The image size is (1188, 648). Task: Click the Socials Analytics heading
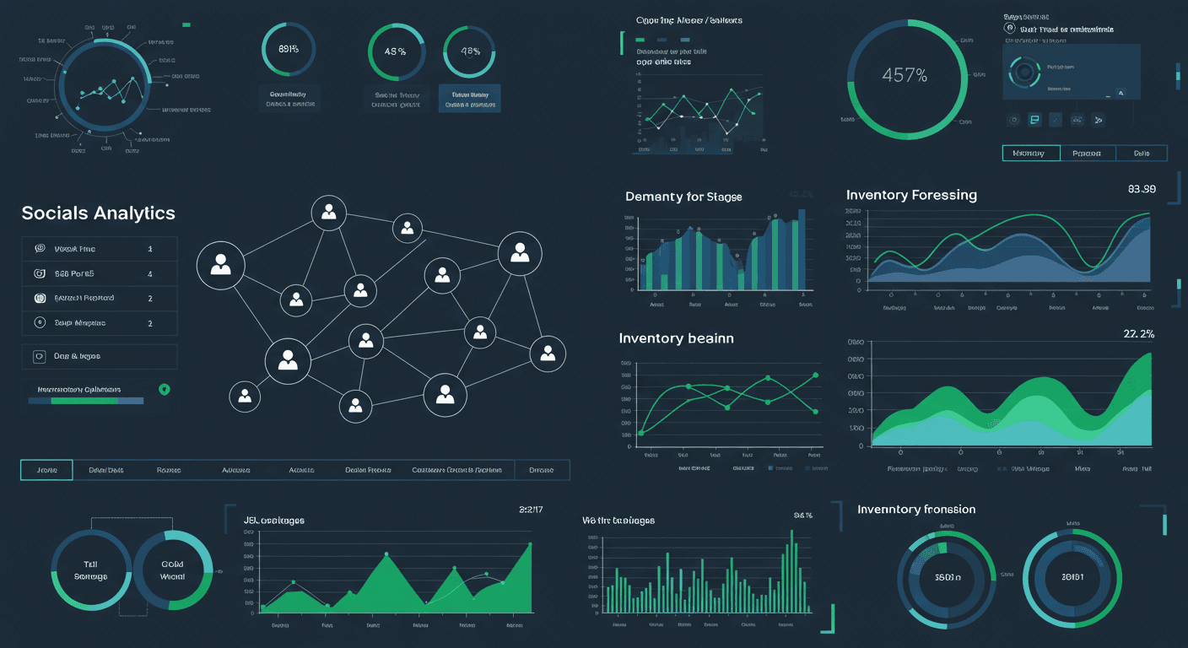tap(98, 213)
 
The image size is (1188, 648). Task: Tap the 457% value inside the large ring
tap(904, 75)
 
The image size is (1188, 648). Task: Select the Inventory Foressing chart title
tap(911, 195)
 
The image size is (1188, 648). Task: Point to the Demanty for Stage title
tap(683, 197)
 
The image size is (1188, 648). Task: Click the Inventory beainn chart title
tap(676, 338)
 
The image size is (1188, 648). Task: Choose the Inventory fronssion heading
tap(916, 510)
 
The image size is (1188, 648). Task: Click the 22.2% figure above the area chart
tap(1138, 334)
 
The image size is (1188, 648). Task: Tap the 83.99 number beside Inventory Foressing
tap(1141, 189)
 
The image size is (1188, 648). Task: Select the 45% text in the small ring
tap(395, 51)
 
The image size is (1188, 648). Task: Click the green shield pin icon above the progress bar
tap(164, 390)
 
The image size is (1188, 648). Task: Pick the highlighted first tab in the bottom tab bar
tap(47, 470)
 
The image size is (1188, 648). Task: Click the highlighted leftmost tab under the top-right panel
tap(1029, 153)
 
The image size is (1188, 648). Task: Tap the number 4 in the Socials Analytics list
tap(150, 273)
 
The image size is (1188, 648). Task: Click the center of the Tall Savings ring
tap(90, 570)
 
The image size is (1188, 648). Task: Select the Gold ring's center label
tap(172, 570)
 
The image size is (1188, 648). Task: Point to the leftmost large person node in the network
tap(220, 265)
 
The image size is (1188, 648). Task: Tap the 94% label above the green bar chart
tap(802, 515)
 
